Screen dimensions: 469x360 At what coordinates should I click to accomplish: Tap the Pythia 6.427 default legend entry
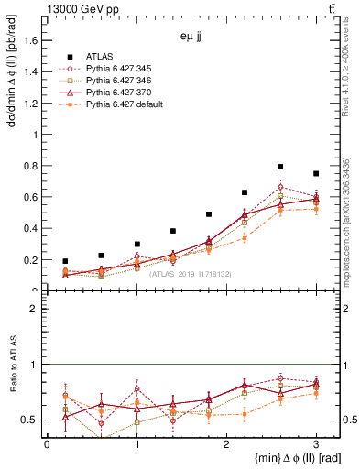[126, 105]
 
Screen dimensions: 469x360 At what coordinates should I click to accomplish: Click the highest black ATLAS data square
[280, 167]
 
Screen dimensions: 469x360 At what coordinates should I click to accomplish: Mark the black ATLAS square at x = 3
[316, 174]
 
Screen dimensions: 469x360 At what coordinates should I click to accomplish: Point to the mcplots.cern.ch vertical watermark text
[350, 220]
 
